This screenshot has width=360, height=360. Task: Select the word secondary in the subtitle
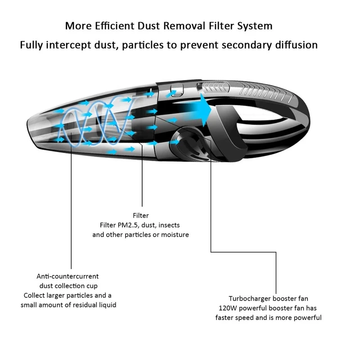pyautogui.click(x=247, y=45)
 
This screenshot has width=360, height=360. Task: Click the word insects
pyautogui.click(x=169, y=225)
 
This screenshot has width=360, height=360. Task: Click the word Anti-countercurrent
pyautogui.click(x=67, y=276)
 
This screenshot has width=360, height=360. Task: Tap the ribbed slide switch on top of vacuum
pyautogui.click(x=212, y=88)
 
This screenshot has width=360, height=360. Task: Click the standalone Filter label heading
pyautogui.click(x=141, y=216)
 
